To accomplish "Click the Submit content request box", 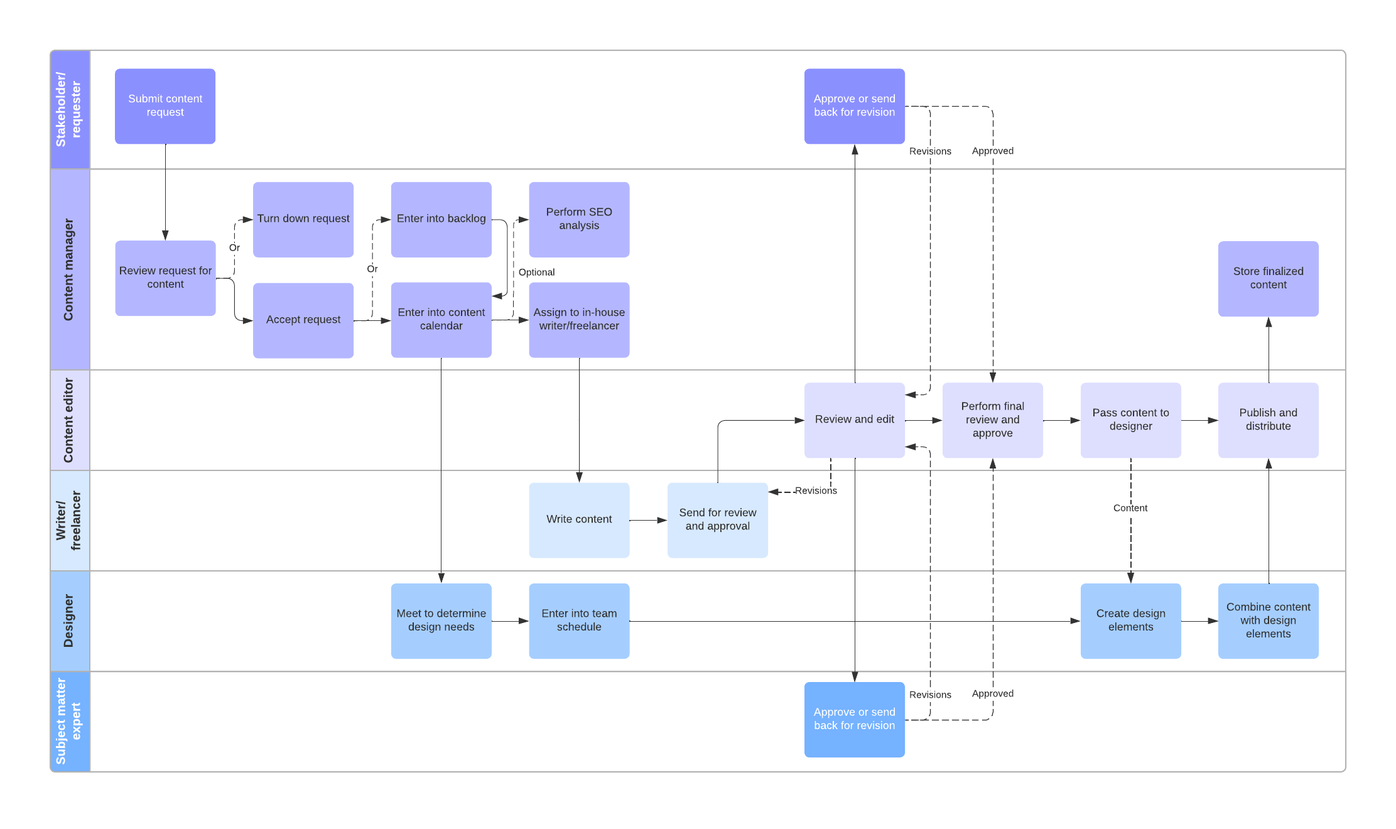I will pyautogui.click(x=165, y=106).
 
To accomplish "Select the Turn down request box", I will pyautogui.click(x=303, y=219).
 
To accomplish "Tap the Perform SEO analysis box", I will pyautogui.click(x=578, y=219).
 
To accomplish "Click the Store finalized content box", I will pyautogui.click(x=1267, y=278).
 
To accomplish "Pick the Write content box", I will pyautogui.click(x=578, y=519).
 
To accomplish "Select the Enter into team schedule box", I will pyautogui.click(x=578, y=620).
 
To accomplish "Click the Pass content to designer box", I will pyautogui.click(x=1130, y=420).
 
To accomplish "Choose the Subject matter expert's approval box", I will pyautogui.click(x=853, y=719).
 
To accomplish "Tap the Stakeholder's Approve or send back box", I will pyautogui.click(x=853, y=106).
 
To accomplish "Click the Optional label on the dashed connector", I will pyautogui.click(x=536, y=272).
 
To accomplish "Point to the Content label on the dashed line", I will pyautogui.click(x=1130, y=508).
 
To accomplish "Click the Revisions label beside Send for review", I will pyautogui.click(x=815, y=490).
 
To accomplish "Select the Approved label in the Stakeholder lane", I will pyautogui.click(x=992, y=151).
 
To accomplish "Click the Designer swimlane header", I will pyautogui.click(x=69, y=620).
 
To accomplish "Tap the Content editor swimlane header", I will pyautogui.click(x=69, y=420).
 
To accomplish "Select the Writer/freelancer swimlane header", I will pyautogui.click(x=69, y=520).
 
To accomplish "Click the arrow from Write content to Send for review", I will pyautogui.click(x=647, y=520).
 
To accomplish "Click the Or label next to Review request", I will pyautogui.click(x=234, y=247).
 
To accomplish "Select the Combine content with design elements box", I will pyautogui.click(x=1267, y=620).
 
